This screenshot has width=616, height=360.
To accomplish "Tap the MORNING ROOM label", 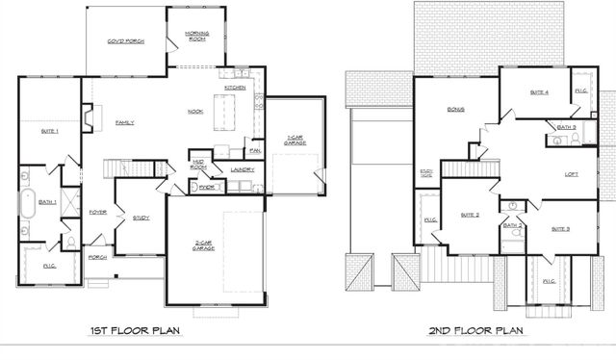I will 196,37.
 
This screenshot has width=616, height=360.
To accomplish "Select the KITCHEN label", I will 236,88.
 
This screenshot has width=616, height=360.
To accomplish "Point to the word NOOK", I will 194,111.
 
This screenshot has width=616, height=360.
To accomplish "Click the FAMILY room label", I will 124,122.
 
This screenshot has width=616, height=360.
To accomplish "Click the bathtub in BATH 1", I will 25,205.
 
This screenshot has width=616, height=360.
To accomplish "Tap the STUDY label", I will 141,218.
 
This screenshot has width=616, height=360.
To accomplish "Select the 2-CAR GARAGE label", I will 204,244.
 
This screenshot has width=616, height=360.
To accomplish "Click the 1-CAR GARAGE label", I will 295,141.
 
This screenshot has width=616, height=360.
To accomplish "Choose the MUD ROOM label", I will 199,165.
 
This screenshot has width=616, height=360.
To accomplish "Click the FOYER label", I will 97,212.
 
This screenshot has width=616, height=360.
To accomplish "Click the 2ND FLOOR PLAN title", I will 477,331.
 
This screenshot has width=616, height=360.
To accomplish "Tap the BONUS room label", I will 455,110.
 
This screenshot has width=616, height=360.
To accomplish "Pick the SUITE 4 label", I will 539,92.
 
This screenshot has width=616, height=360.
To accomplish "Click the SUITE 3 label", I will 560,229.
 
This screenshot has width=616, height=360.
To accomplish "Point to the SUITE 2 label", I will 470,214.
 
